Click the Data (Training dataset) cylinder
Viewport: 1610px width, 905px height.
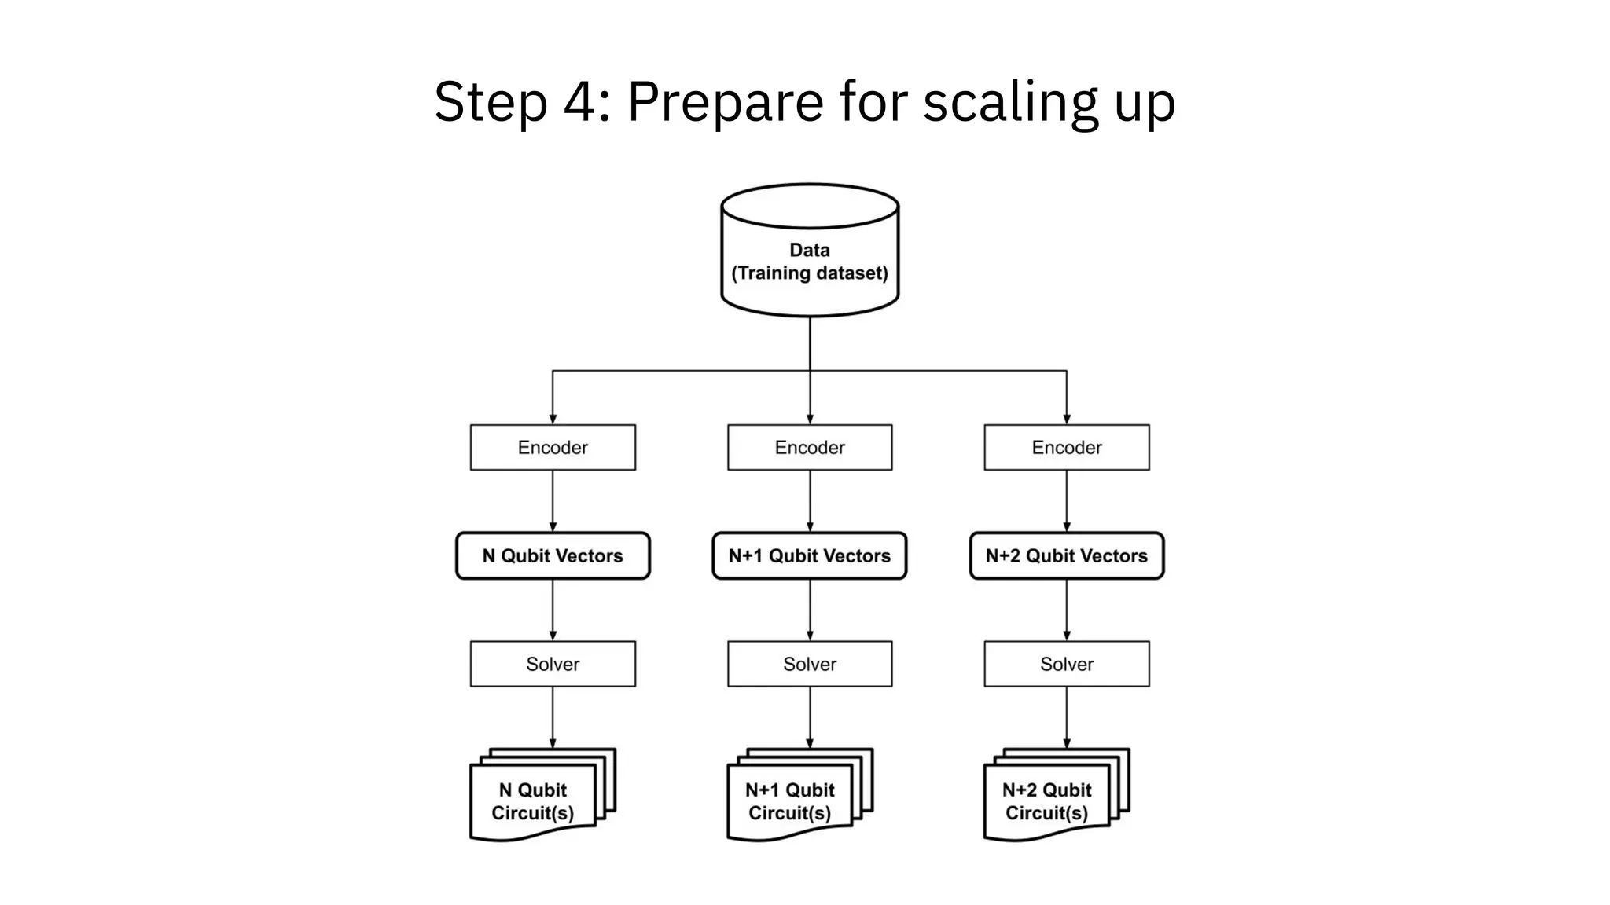tap(810, 259)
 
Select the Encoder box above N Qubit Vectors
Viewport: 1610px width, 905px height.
tap(553, 448)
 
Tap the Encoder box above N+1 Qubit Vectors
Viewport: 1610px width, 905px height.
tap(810, 448)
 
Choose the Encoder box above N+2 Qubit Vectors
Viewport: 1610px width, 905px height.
tap(1067, 448)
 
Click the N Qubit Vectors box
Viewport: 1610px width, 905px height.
tap(553, 556)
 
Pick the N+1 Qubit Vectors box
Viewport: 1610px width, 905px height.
tap(810, 556)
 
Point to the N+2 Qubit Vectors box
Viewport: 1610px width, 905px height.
tap(1067, 556)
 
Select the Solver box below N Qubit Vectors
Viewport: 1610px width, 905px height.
tap(553, 664)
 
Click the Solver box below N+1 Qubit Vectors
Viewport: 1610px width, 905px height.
tap(810, 664)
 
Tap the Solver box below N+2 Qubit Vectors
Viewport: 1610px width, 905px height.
tap(1067, 664)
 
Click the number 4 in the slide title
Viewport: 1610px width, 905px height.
tap(579, 102)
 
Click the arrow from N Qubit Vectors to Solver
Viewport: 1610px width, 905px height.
tap(553, 610)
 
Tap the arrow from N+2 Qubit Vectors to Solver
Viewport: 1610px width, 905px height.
tap(1067, 610)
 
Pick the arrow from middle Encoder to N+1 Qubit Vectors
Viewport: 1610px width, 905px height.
tap(810, 501)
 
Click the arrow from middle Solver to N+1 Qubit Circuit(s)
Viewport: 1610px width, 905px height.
tap(810, 716)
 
